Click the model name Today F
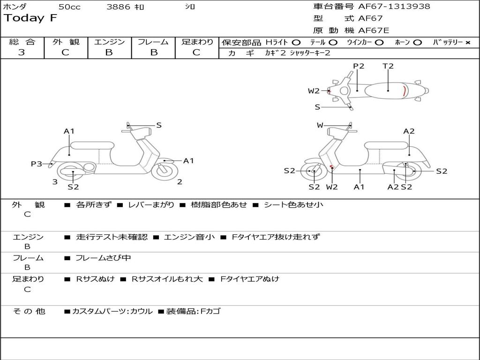click(30, 18)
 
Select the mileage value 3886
click(118, 7)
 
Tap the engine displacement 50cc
click(69, 7)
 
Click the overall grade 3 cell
click(22, 52)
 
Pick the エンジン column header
click(109, 42)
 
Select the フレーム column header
click(153, 42)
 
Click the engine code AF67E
click(374, 30)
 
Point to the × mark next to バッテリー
click(467, 42)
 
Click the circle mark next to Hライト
click(296, 42)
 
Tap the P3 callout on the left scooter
click(36, 164)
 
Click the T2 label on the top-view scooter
click(388, 66)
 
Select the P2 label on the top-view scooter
click(359, 66)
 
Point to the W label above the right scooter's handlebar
click(320, 125)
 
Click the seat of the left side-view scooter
click(92, 145)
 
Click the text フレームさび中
click(103, 258)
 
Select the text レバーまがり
click(151, 205)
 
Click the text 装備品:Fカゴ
click(193, 311)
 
